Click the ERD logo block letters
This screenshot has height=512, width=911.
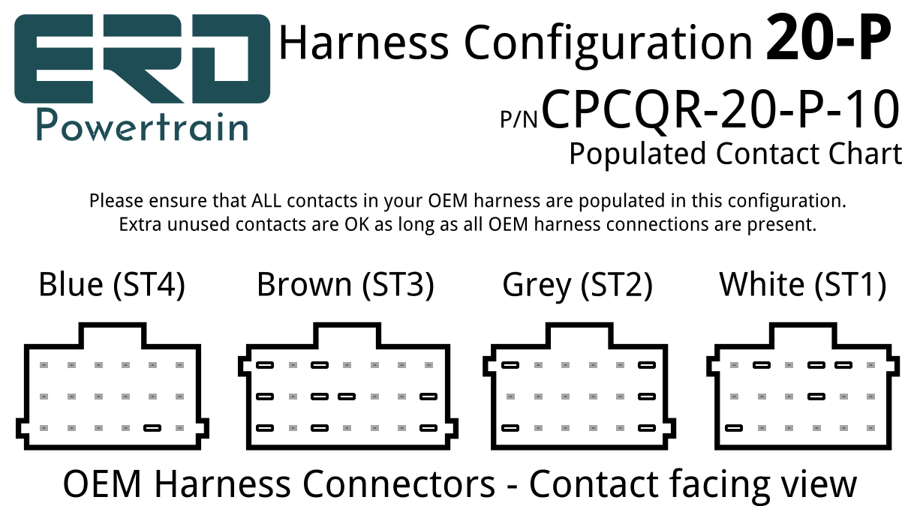(x=142, y=58)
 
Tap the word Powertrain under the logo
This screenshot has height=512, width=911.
(x=143, y=126)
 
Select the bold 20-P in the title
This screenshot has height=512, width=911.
(x=828, y=38)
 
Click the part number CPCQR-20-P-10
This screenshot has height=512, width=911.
(x=720, y=109)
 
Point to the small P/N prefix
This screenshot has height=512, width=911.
(x=519, y=119)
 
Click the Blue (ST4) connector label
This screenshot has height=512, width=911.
(x=112, y=285)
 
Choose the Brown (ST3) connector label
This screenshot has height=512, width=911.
(x=346, y=285)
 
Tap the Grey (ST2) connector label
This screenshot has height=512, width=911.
(x=578, y=286)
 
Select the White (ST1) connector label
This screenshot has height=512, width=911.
(x=803, y=285)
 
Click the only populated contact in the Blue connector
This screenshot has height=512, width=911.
(x=152, y=428)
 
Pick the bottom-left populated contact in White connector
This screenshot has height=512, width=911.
(x=734, y=428)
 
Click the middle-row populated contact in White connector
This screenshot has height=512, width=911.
(x=816, y=397)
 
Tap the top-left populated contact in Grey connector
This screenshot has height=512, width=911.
(x=510, y=365)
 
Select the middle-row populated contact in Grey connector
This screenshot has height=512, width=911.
(x=647, y=397)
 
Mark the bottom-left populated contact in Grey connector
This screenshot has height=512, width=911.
(x=510, y=428)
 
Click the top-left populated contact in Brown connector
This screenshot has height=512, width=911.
(x=265, y=365)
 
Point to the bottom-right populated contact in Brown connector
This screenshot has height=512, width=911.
(x=428, y=428)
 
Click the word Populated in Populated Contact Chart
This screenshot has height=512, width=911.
(x=638, y=154)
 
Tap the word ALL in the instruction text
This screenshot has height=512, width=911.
(x=266, y=201)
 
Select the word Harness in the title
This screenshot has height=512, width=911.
(x=364, y=42)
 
